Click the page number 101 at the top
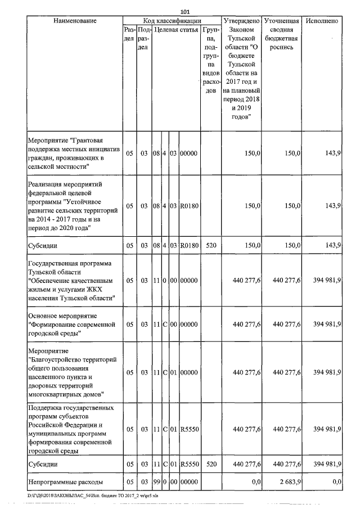pyautogui.click(x=185, y=11)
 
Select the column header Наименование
pyautogui.click(x=75, y=21)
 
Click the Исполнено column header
pyautogui.click(x=322, y=21)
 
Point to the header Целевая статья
pyautogui.click(x=175, y=29)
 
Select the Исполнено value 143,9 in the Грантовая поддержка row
pyautogui.click(x=333, y=153)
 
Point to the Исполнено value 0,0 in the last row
pyautogui.click(x=337, y=483)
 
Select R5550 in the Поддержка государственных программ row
pyautogui.click(x=188, y=429)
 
